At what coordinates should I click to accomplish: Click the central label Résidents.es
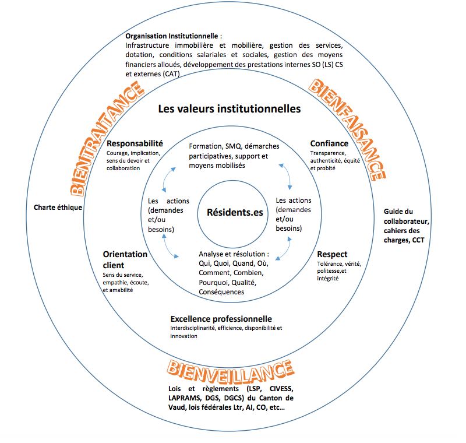(235, 212)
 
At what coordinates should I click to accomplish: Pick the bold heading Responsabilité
(135, 143)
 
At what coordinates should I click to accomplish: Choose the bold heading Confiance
(329, 143)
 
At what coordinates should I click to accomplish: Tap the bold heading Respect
(332, 254)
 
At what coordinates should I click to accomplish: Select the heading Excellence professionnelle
(221, 319)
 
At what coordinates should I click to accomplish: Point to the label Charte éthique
(58, 207)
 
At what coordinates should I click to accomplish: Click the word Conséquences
(221, 291)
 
